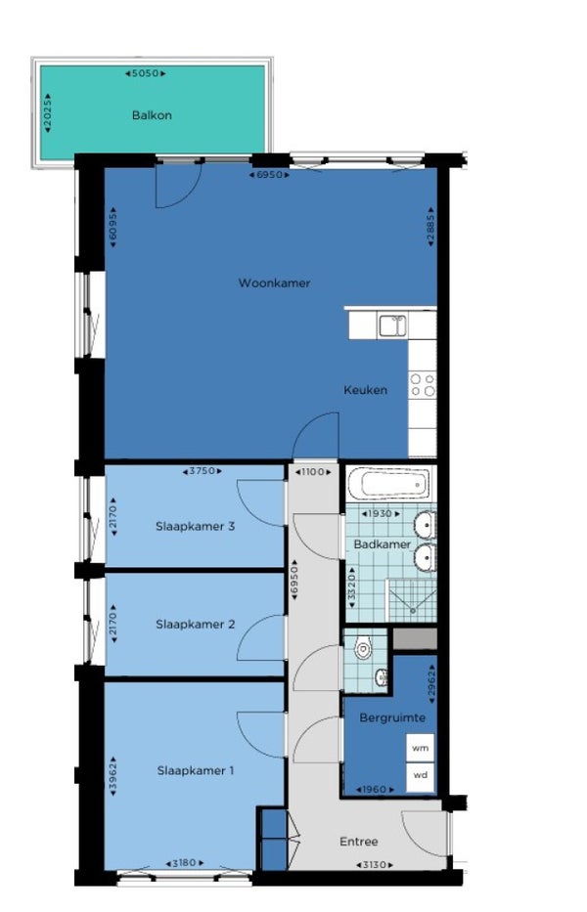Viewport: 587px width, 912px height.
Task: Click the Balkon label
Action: [152, 115]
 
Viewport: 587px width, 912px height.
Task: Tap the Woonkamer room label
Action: [274, 283]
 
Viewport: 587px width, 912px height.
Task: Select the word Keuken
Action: [365, 390]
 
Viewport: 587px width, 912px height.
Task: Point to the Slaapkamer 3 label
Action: [195, 526]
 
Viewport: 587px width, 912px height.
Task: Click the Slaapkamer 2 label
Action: [195, 625]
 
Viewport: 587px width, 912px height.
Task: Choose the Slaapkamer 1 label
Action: [195, 771]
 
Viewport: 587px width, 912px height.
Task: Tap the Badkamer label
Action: [382, 545]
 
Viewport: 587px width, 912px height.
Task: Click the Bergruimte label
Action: [392, 717]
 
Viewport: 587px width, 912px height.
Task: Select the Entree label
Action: [359, 842]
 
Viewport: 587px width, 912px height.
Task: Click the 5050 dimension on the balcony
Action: [146, 74]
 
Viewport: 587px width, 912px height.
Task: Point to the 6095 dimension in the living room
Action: [113, 228]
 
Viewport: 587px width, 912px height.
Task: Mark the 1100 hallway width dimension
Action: [313, 472]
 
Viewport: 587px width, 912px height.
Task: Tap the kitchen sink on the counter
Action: [392, 326]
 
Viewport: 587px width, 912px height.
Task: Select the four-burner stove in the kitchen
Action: [423, 384]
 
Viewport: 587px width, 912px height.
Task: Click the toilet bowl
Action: [363, 648]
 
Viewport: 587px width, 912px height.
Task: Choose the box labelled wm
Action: [421, 748]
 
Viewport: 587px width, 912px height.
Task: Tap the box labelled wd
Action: [421, 776]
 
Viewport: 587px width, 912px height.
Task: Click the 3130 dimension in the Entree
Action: [375, 865]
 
